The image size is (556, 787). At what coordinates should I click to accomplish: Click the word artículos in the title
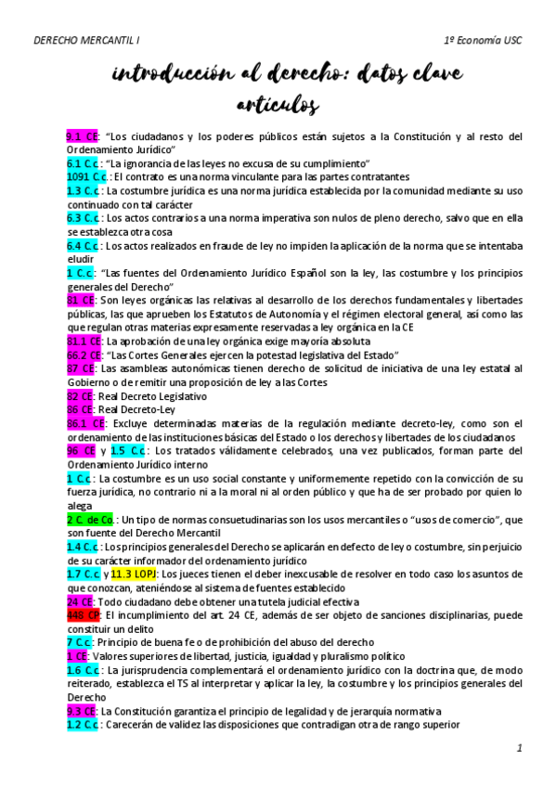(278, 104)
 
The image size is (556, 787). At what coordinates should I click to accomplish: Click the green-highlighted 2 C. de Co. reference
(90, 520)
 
